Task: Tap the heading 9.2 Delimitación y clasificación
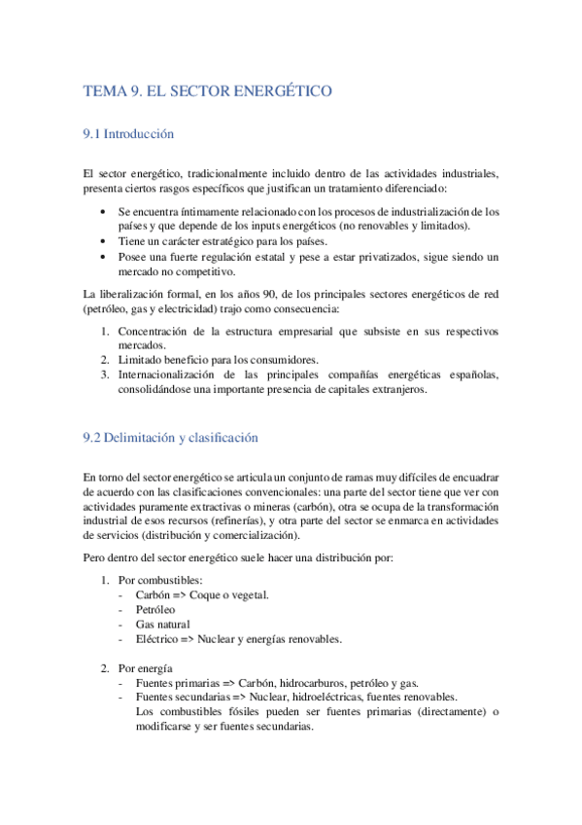click(x=171, y=438)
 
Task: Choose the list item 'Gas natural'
click(x=163, y=624)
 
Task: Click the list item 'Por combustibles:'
click(x=161, y=580)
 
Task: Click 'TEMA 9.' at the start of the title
click(x=113, y=91)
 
